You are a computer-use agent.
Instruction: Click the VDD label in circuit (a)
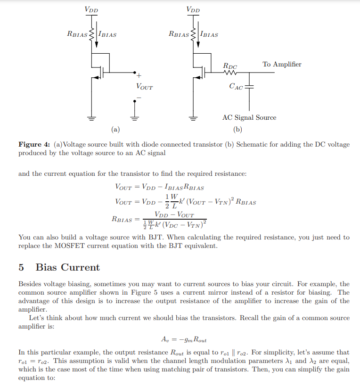tap(91, 9)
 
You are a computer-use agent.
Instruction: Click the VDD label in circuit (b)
tap(193, 9)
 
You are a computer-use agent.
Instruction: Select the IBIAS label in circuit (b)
tap(209, 34)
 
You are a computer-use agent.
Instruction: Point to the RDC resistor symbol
tap(230, 73)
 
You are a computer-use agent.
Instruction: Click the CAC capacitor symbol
tap(249, 87)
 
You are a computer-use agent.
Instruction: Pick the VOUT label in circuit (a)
tap(144, 87)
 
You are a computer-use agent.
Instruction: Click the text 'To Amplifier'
tap(282, 64)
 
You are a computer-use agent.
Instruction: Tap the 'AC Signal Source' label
tap(249, 117)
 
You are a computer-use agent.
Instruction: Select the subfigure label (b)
tap(237, 129)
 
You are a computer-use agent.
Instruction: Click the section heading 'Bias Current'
tap(68, 267)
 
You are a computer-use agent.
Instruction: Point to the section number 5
tap(21, 267)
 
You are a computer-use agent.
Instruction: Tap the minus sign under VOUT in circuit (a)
tap(139, 98)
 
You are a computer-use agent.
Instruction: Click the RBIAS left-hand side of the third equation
tap(122, 219)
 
